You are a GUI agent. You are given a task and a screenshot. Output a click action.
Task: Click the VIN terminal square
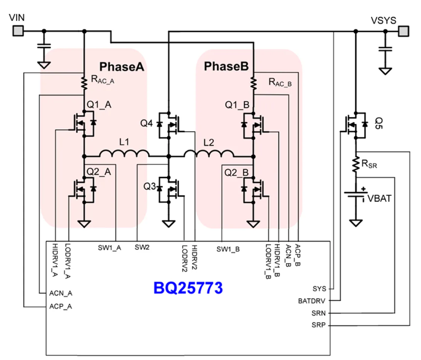click(18, 31)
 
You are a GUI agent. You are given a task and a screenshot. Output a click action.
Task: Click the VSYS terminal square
click(403, 31)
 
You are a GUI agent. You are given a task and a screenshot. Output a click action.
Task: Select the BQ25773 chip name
click(188, 288)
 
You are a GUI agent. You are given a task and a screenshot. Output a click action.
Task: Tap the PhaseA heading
click(122, 67)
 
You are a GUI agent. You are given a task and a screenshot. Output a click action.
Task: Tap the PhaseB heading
click(226, 66)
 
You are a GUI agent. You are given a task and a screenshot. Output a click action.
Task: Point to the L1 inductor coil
click(124, 153)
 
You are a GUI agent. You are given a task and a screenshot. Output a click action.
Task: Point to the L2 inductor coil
click(209, 153)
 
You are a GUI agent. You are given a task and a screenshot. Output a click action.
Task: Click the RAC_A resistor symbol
click(84, 83)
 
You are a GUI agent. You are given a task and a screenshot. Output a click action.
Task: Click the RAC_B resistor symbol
click(253, 83)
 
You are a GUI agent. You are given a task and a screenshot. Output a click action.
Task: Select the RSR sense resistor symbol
click(356, 165)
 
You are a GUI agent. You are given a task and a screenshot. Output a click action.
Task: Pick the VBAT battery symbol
click(356, 195)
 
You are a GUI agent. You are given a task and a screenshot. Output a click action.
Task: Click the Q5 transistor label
click(379, 123)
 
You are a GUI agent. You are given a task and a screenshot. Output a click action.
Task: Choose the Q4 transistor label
click(147, 123)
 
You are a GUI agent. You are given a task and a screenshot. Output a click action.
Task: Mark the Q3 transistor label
click(149, 186)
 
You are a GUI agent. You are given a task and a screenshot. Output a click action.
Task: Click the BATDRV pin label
click(311, 301)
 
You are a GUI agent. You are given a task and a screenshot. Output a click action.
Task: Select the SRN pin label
click(318, 313)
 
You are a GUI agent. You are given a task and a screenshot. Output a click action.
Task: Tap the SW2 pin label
click(142, 247)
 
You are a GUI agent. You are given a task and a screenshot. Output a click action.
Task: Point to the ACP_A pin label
click(61, 306)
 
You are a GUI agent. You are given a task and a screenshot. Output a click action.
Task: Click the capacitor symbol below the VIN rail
click(44, 45)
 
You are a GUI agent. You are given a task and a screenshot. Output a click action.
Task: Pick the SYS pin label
click(319, 289)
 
